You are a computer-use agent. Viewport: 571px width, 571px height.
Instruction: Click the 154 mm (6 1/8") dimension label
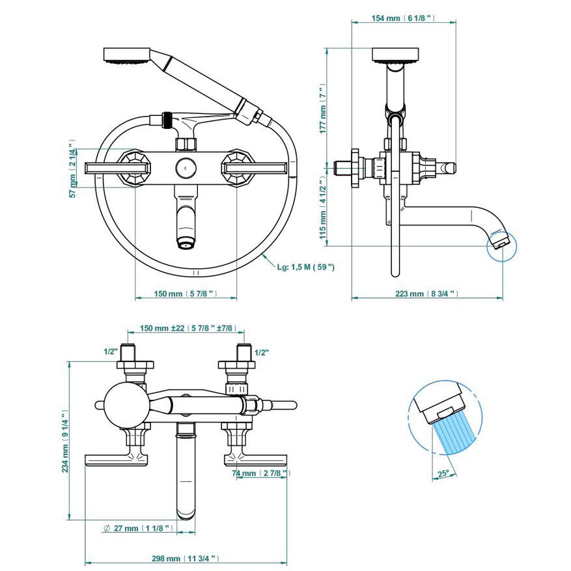(x=403, y=18)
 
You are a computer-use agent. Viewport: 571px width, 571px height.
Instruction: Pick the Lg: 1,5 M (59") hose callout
(x=305, y=266)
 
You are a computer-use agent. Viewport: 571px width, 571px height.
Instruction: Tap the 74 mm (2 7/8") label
(x=260, y=473)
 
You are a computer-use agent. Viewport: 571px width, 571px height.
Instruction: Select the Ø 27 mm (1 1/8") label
(x=139, y=528)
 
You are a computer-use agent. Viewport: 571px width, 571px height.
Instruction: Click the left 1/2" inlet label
(x=110, y=352)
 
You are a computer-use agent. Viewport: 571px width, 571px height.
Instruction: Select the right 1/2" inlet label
(x=262, y=352)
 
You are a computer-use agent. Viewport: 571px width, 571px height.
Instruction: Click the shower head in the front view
(x=126, y=55)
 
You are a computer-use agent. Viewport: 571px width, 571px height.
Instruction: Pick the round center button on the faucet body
(x=186, y=168)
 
